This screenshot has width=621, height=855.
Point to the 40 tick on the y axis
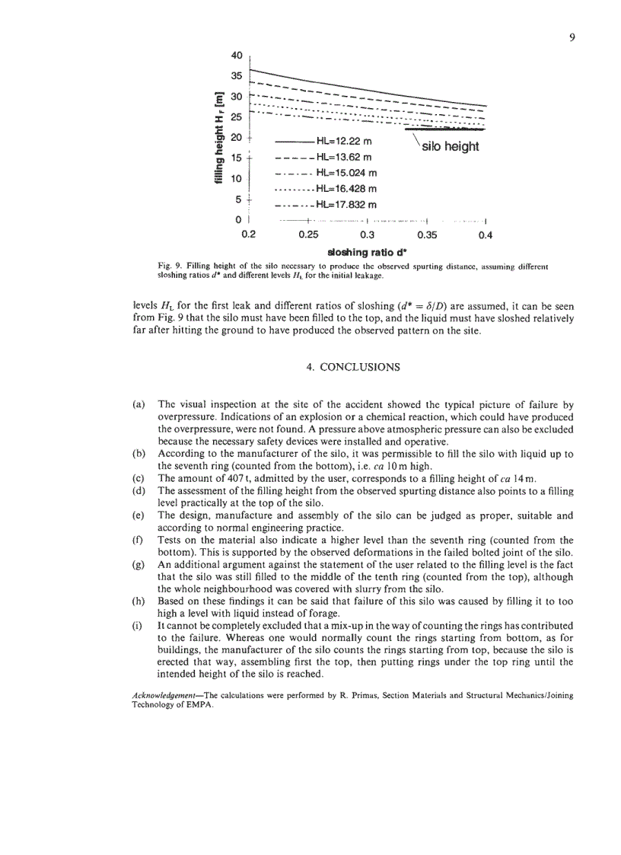[236, 56]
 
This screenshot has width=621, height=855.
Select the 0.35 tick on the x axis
[428, 234]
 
